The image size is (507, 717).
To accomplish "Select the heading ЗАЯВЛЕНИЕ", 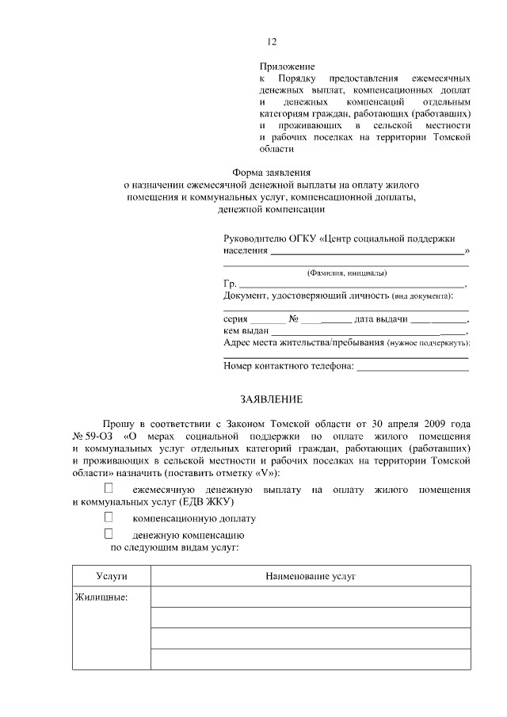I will tap(272, 399).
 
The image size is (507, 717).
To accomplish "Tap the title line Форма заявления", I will tap(271, 172).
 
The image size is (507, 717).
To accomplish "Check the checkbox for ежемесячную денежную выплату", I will tap(109, 490).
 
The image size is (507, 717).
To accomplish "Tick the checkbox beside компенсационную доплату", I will tap(109, 517).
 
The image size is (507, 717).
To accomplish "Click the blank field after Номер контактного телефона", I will tap(414, 366).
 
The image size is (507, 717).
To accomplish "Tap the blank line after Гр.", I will tap(352, 284).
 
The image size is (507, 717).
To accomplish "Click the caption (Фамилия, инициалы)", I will tap(346, 273).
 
